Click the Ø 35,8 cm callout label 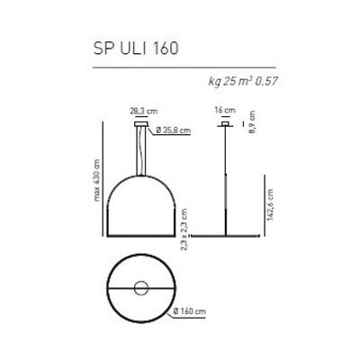[x=172, y=130]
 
